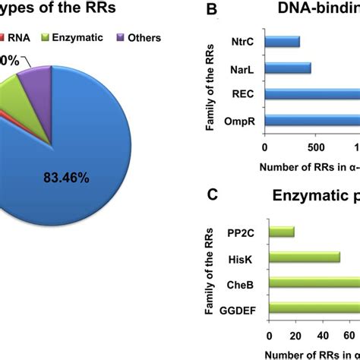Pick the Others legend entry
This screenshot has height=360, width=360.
pyautogui.click(x=136, y=36)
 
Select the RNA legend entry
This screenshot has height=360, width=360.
pyautogui.click(x=15, y=36)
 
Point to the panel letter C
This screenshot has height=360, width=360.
pyautogui.click(x=213, y=196)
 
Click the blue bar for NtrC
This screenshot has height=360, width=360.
pyautogui.click(x=282, y=42)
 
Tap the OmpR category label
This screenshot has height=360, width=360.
pyautogui.click(x=240, y=121)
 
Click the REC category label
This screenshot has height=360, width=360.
pyautogui.click(x=244, y=94)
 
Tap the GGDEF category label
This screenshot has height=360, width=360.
pyautogui.click(x=239, y=309)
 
